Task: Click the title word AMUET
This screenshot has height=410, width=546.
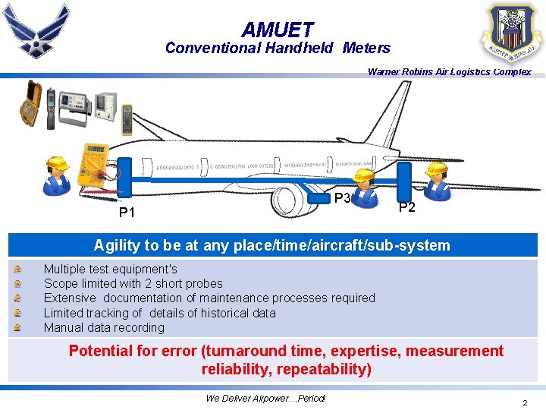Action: (277, 30)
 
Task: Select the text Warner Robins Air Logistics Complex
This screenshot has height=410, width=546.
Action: (449, 72)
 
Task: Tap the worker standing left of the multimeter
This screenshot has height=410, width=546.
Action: (56, 177)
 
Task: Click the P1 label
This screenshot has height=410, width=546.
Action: (127, 213)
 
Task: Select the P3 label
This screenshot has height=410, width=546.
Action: (342, 198)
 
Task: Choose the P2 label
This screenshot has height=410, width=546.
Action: (407, 207)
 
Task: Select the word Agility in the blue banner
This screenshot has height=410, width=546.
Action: (115, 245)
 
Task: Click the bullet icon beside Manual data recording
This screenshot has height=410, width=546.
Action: (17, 328)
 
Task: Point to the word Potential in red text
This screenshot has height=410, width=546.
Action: (104, 351)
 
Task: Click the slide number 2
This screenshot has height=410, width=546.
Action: (525, 402)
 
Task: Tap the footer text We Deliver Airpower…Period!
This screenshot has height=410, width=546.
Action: (265, 399)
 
